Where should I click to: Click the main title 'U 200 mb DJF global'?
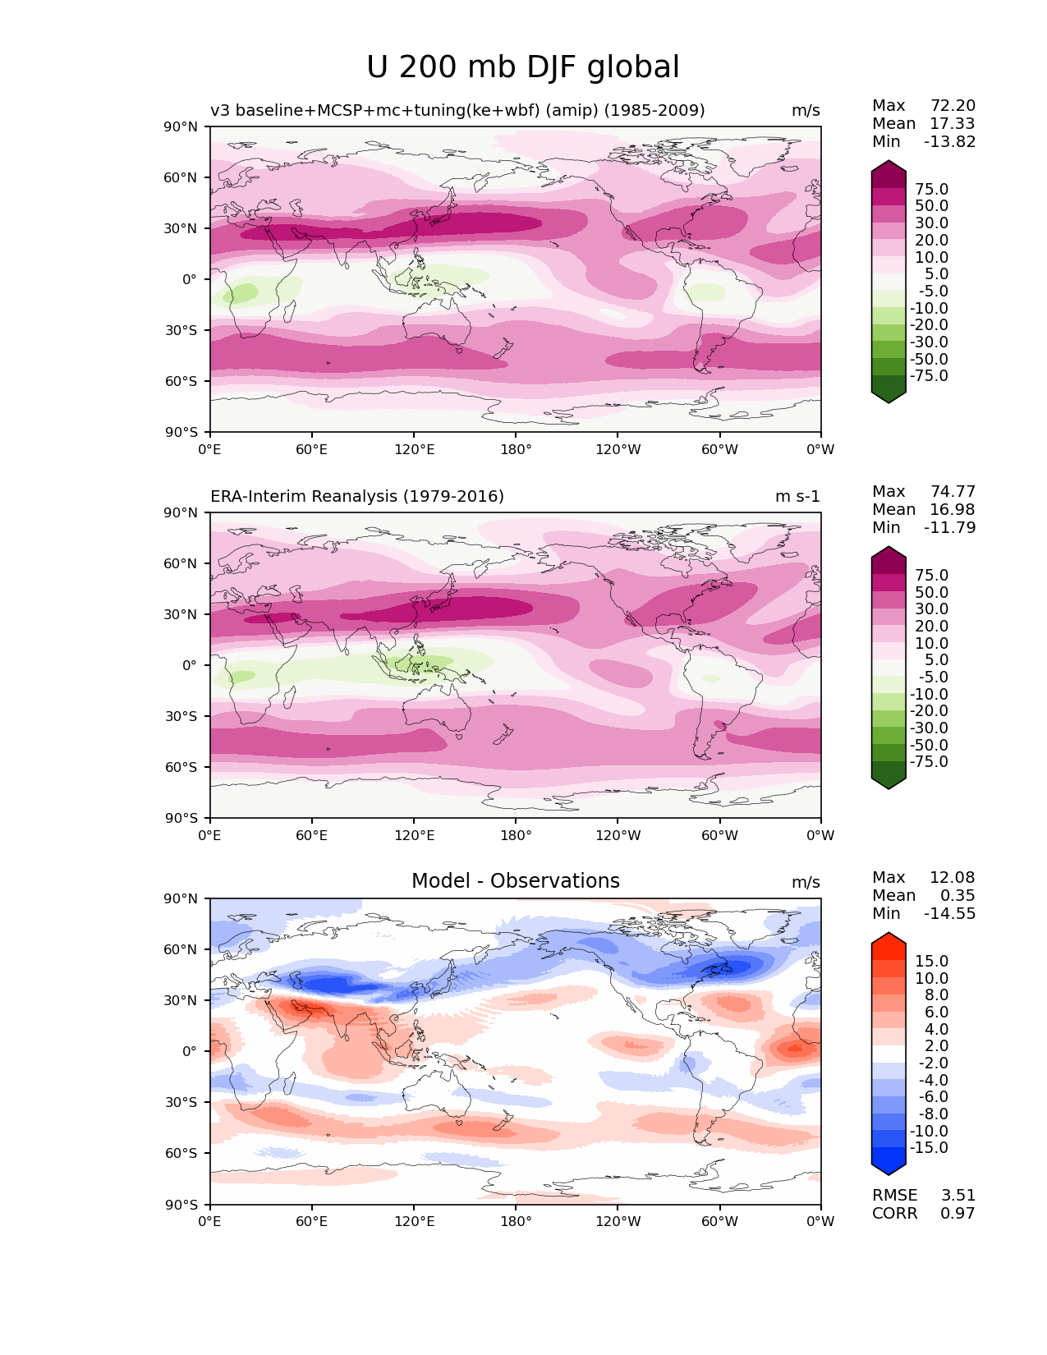point(523,67)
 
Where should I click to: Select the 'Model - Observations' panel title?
point(515,881)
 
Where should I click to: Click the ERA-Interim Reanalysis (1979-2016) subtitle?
point(357,496)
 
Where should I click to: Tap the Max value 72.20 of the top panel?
point(953,105)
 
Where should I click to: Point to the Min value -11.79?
point(949,527)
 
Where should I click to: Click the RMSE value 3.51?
point(957,1195)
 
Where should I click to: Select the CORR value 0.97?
point(957,1213)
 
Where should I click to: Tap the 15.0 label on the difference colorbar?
point(931,961)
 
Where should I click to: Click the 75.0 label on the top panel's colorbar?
point(931,189)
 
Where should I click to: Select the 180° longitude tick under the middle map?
point(516,835)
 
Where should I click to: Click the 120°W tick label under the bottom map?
point(618,1221)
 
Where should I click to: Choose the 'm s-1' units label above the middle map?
point(797,496)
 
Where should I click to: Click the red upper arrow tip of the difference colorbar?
point(889,939)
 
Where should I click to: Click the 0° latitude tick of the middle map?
point(189,665)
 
